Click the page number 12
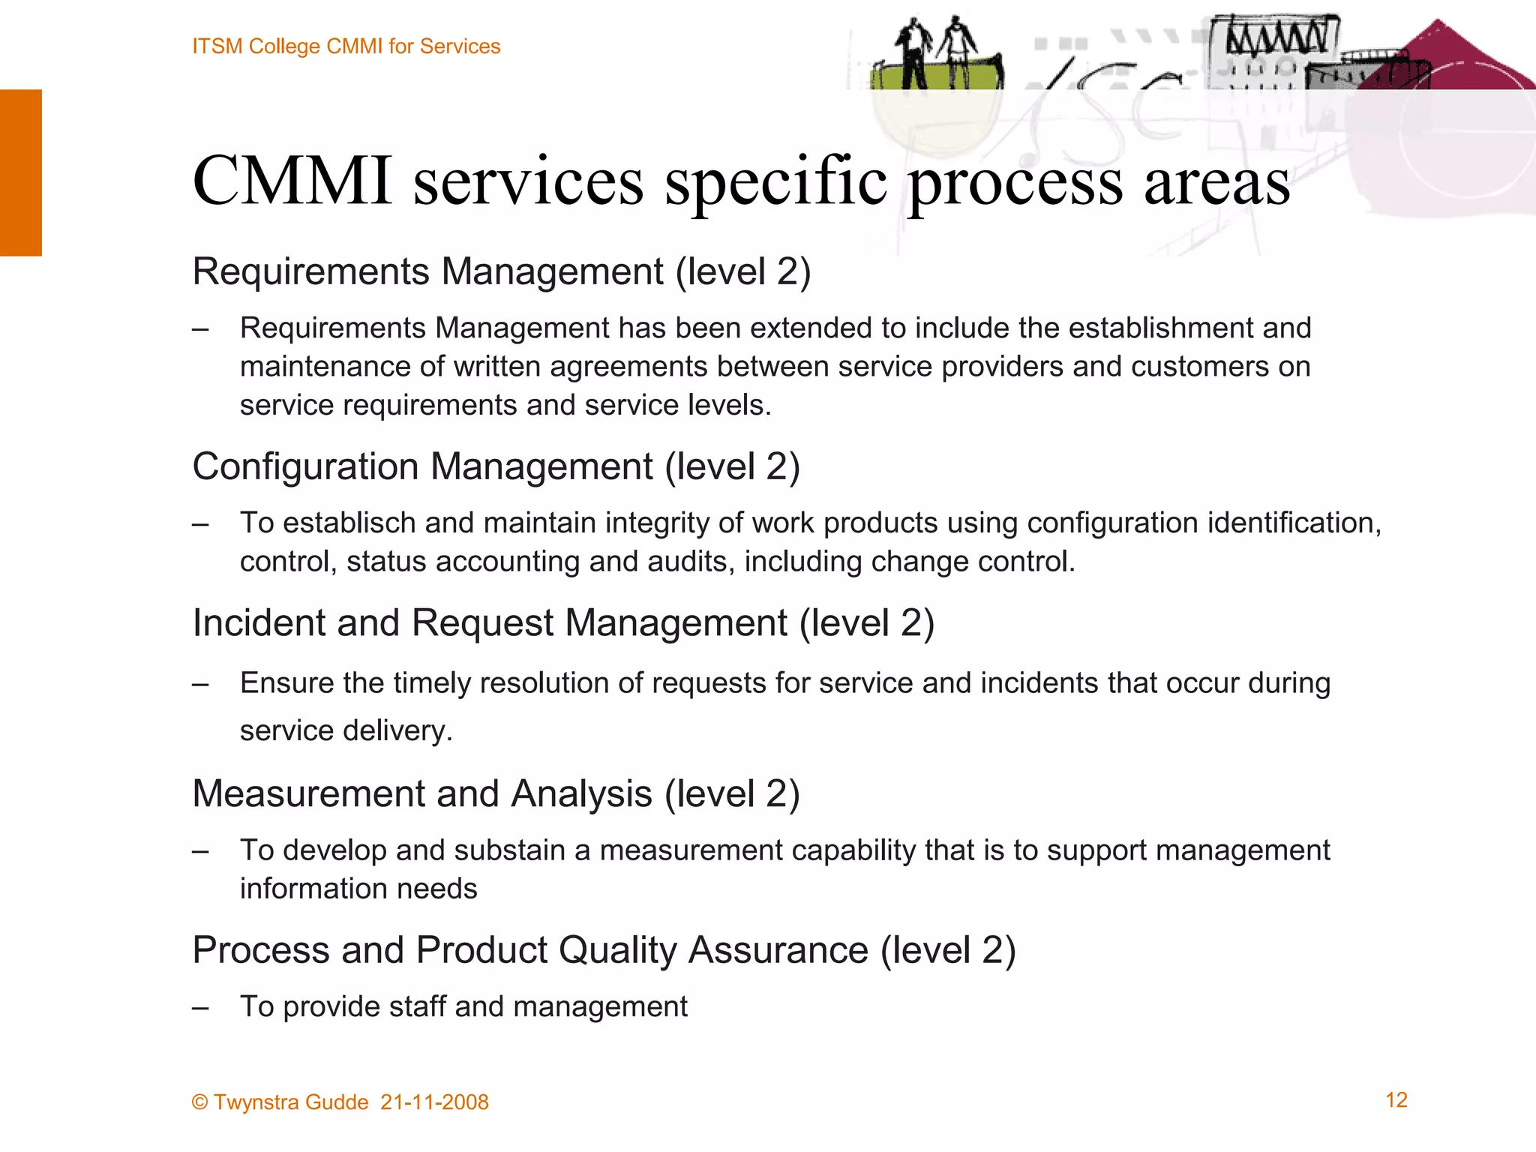click(x=1396, y=1100)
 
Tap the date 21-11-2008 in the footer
click(x=434, y=1102)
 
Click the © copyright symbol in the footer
click(x=199, y=1102)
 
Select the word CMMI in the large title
click(x=292, y=181)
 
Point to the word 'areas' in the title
click(x=1216, y=182)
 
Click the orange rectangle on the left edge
click(x=21, y=172)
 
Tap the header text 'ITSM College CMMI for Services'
click(x=346, y=46)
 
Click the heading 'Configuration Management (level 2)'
click(x=496, y=466)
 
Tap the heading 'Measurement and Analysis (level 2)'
click(x=496, y=793)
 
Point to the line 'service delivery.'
click(x=346, y=730)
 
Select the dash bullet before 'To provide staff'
click(x=199, y=1007)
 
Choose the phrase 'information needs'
click(x=358, y=889)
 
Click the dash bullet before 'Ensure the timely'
click(x=199, y=683)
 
